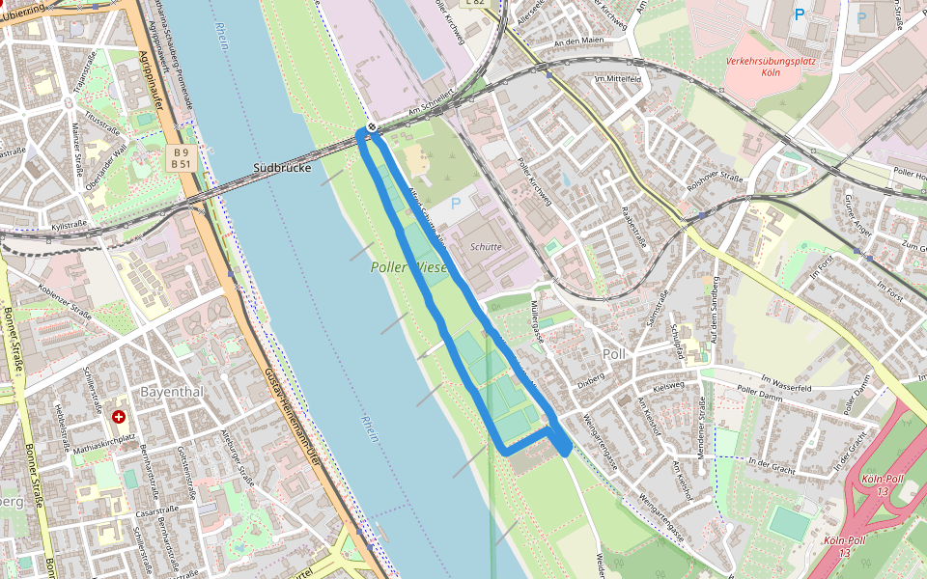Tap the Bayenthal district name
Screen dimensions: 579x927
click(x=172, y=392)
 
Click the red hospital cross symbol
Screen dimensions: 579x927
click(x=118, y=417)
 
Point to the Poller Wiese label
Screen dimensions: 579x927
click(x=409, y=266)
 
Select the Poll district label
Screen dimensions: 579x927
click(x=614, y=354)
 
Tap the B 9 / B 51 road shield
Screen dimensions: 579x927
click(x=180, y=158)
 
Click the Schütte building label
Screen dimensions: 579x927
click(x=486, y=246)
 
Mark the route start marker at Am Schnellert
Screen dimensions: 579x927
click(x=372, y=127)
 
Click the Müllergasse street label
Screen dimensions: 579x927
click(x=537, y=321)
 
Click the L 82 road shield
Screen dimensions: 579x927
click(x=474, y=3)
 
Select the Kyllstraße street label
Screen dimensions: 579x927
click(x=69, y=226)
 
